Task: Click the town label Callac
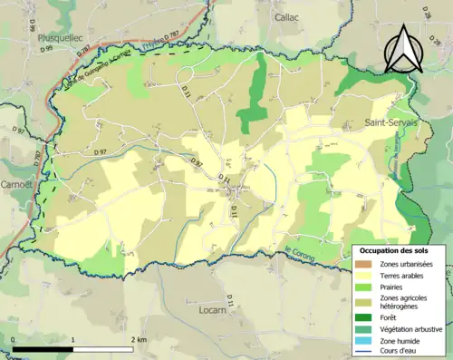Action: tap(290, 17)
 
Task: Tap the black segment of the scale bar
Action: tap(42, 348)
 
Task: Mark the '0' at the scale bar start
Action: tap(14, 339)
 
